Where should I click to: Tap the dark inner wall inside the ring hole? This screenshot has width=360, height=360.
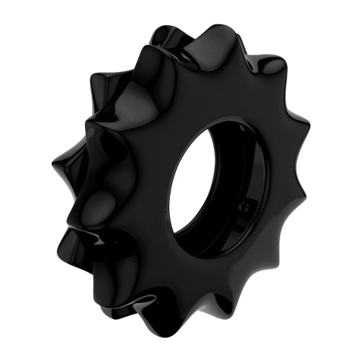248,194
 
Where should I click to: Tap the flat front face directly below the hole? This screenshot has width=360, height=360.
202,274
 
